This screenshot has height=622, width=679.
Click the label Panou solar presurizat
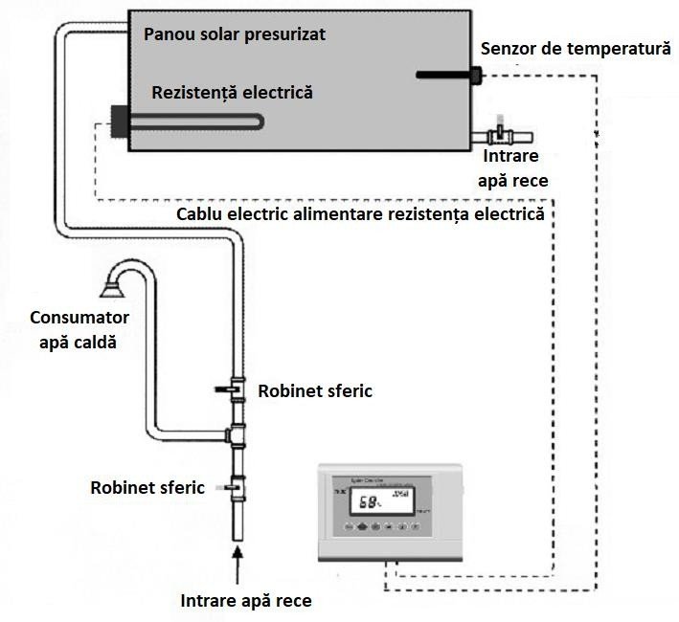pyautogui.click(x=234, y=34)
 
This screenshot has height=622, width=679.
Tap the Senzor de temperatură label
pyautogui.click(x=576, y=48)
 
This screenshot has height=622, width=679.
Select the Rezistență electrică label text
pyautogui.click(x=232, y=93)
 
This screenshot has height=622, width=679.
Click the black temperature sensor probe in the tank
pyautogui.click(x=446, y=74)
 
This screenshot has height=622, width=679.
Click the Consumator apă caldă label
pyautogui.click(x=79, y=328)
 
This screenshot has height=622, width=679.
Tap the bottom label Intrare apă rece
pyautogui.click(x=246, y=601)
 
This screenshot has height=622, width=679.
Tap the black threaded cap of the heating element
pyautogui.click(x=120, y=122)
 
